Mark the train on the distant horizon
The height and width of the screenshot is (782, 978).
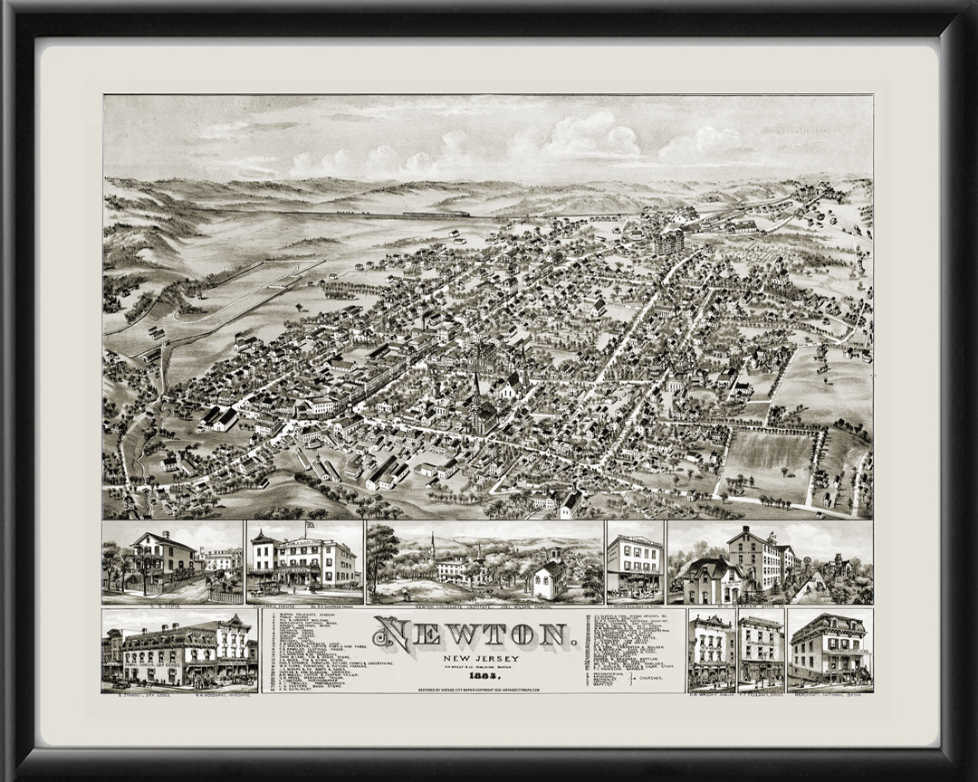(x=436, y=215)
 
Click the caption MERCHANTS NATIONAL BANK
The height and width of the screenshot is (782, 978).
(x=829, y=690)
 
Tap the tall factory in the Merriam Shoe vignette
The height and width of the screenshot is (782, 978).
(x=753, y=560)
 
